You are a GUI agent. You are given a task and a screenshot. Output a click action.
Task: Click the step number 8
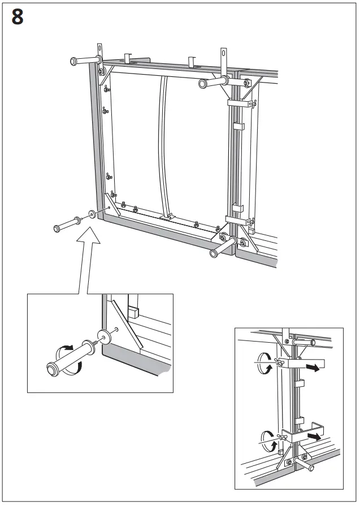(18, 18)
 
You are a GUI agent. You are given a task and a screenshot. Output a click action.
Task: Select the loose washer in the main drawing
(91, 216)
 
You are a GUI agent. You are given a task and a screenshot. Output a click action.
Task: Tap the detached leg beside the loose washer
(67, 225)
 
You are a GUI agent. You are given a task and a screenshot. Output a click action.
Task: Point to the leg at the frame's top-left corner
(85, 61)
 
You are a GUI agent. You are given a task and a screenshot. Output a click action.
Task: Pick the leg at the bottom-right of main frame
(223, 247)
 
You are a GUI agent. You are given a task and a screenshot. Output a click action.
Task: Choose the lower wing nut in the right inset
(279, 437)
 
